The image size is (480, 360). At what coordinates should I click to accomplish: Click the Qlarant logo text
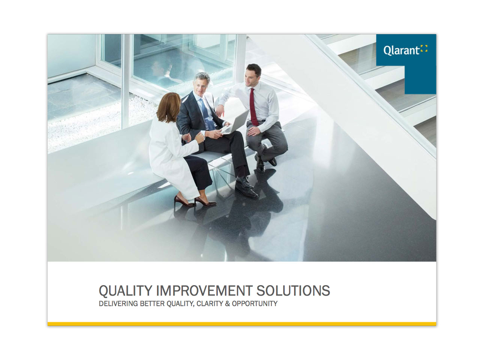click(400, 50)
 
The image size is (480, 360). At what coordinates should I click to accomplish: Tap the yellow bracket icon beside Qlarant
click(424, 48)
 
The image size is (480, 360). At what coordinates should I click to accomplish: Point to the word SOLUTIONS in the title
click(293, 291)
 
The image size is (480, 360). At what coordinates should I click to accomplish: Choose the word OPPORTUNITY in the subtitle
click(255, 303)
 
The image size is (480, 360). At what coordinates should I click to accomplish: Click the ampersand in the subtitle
click(227, 303)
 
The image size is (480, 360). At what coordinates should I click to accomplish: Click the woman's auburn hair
click(168, 107)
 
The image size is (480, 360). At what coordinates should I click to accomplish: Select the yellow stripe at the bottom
click(241, 324)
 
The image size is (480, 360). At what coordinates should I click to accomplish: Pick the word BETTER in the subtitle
click(152, 303)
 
